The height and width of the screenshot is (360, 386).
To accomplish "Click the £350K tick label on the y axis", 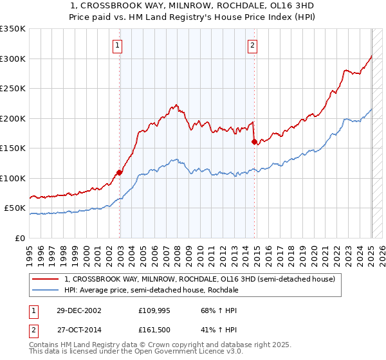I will tap(13, 29).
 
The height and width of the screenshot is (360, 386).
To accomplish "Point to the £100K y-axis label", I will tap(13, 178).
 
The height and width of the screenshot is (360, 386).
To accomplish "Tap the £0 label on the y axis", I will tap(20, 238).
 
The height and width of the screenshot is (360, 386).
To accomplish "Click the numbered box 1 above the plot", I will tap(119, 45).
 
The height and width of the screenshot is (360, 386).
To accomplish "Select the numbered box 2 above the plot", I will tap(253, 45).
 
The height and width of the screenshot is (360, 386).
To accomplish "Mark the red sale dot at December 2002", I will tap(120, 172).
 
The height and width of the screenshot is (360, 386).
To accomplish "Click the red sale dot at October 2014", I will tap(254, 141).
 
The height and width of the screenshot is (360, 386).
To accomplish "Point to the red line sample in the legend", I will tap(46, 279).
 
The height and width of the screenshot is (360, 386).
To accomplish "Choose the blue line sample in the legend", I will tap(46, 290).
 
